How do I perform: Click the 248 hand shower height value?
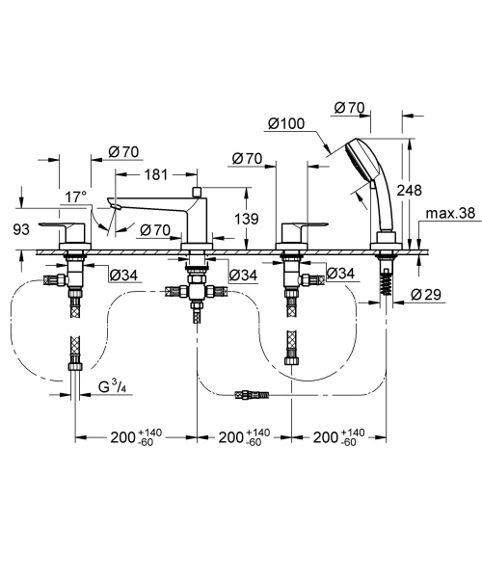409,191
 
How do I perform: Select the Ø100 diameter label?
286,123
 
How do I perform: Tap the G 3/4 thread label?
114,388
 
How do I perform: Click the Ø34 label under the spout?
240,276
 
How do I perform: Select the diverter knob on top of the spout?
195,192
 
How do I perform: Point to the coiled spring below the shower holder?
388,282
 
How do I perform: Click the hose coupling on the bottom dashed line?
253,394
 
